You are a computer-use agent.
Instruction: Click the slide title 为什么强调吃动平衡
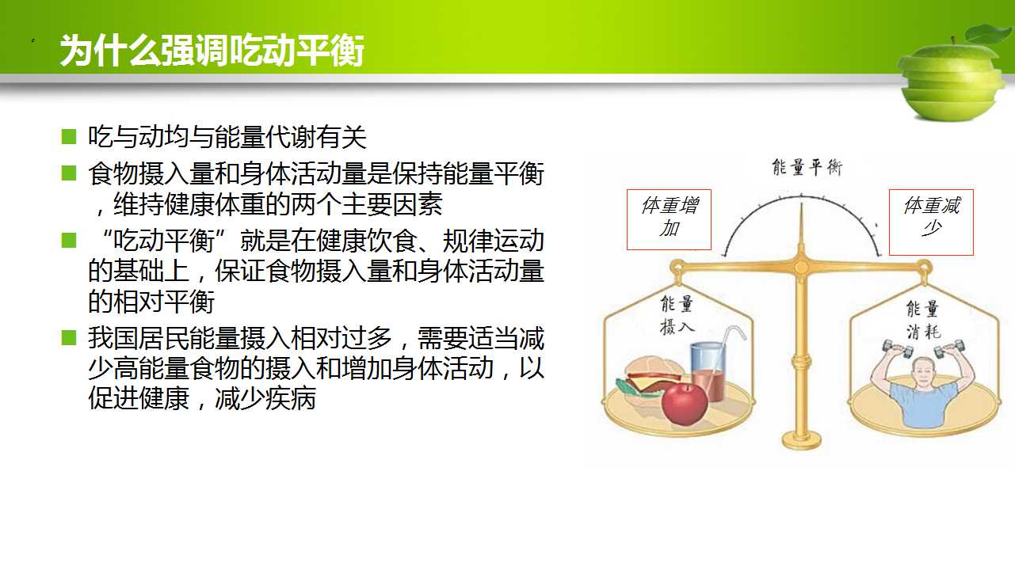point(212,50)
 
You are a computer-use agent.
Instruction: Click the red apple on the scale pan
point(685,404)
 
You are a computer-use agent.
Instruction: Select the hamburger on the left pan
point(648,382)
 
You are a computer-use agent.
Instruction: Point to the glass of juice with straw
point(711,369)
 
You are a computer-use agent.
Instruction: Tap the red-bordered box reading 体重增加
point(669,219)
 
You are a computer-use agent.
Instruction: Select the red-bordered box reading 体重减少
point(931,222)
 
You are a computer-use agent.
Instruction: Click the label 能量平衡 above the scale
point(807,168)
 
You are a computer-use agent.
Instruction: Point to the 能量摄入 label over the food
point(677,315)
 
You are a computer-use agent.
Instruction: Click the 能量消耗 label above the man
point(923,321)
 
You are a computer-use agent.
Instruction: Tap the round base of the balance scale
point(801,440)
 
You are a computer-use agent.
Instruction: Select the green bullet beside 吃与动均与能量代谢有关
point(69,136)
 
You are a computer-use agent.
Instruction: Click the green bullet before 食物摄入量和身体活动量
point(69,173)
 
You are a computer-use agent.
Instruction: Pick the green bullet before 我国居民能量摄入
point(69,337)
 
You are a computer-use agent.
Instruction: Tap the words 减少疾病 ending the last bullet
point(265,398)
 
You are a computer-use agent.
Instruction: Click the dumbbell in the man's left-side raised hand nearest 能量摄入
point(898,349)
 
